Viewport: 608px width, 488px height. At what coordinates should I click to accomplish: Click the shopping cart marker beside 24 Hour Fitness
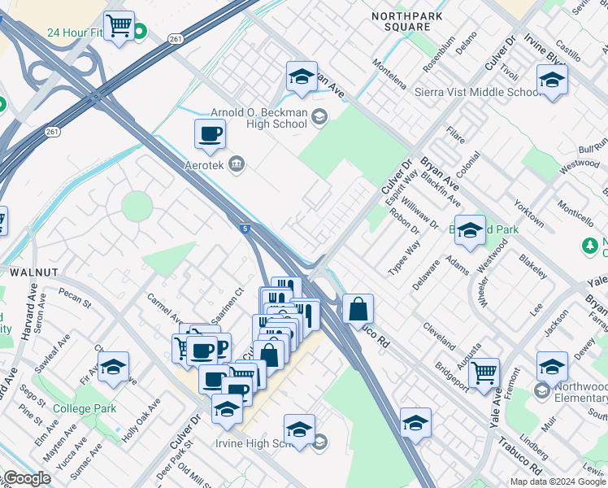coord(119,26)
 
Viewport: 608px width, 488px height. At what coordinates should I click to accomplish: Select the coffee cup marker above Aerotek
coord(210,135)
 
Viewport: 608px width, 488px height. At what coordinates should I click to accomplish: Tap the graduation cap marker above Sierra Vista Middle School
coord(552,81)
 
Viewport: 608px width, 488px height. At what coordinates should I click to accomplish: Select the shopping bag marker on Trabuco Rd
coord(358,309)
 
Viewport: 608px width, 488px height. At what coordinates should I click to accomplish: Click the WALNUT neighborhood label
coord(32,271)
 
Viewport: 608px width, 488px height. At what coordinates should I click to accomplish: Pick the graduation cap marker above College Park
coord(114,367)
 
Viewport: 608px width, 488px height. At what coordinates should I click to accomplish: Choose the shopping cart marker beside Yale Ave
coord(484,373)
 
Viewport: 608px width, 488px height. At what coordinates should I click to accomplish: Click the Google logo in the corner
coord(27,478)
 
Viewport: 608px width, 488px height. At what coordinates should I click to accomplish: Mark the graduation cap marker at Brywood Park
coord(470,231)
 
